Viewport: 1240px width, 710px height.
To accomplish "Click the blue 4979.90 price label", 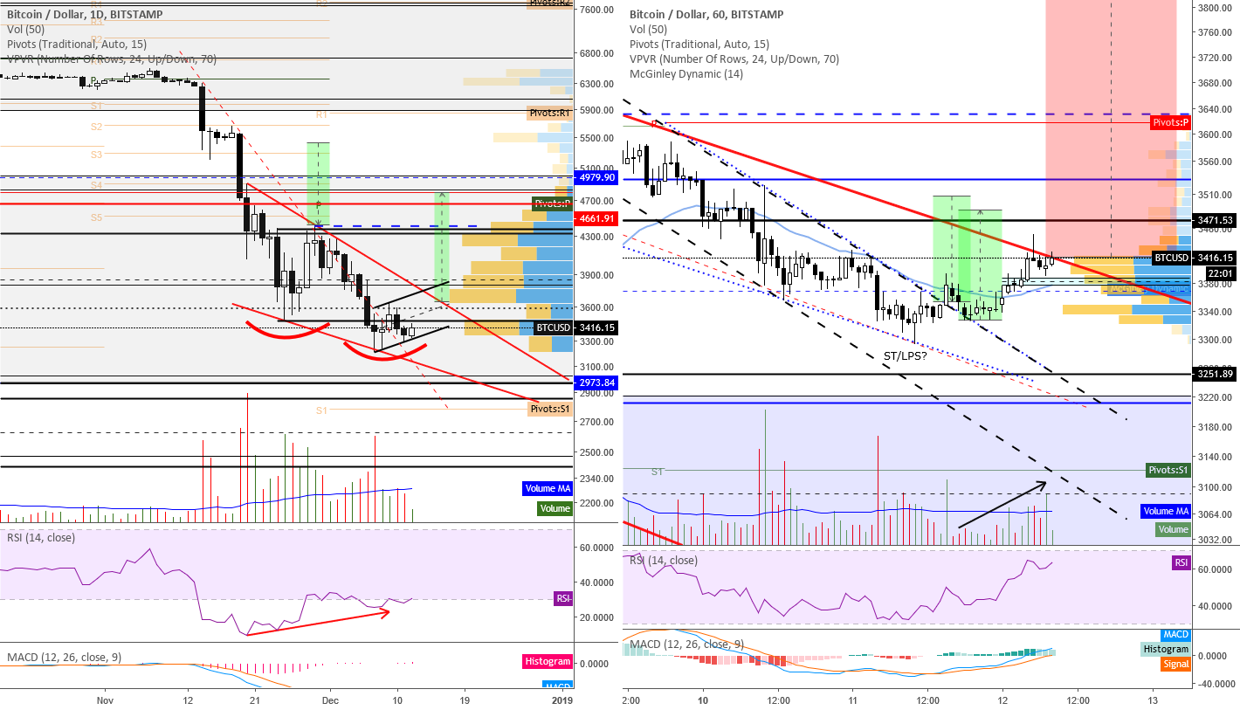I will coord(594,177).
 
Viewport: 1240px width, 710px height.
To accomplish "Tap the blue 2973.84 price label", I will coord(594,383).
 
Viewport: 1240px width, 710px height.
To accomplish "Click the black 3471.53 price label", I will coord(1215,220).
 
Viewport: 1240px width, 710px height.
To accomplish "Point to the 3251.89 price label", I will coord(1215,375).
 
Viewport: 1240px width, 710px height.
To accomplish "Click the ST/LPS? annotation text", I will coord(906,356).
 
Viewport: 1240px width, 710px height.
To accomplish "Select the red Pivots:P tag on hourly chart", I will coord(1170,122).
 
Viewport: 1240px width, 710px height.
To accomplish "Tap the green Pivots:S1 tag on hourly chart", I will coord(1168,470).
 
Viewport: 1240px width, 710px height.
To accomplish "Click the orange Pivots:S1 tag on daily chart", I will coord(550,409).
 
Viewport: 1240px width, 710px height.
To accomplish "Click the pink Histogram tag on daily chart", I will coord(548,662).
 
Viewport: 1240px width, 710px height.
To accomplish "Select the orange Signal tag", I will coord(1175,664).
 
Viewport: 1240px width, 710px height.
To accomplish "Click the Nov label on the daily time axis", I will coord(105,700).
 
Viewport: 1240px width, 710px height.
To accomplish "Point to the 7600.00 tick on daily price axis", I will coord(599,10).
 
